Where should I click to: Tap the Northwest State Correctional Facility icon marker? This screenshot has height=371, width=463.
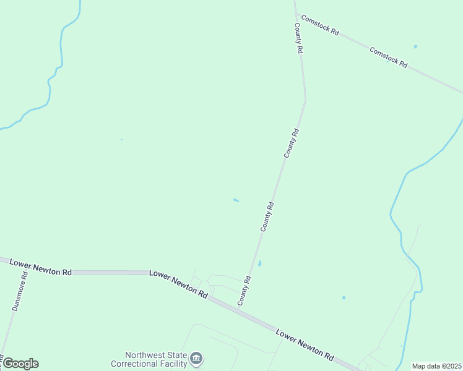[x=197, y=358]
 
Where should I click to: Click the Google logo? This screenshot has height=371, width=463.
[x=20, y=364]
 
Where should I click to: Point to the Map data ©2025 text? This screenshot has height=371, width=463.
[x=436, y=366]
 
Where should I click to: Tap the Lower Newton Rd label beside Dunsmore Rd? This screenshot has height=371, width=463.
[x=41, y=268]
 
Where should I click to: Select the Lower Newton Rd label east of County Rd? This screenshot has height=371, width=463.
[x=305, y=344]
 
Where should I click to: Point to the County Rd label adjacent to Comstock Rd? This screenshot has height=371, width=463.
[x=298, y=38]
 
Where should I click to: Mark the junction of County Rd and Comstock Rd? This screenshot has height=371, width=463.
[x=296, y=13]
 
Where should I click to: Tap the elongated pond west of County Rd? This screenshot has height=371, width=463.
[x=236, y=200]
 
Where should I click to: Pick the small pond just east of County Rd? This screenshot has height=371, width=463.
[x=259, y=263]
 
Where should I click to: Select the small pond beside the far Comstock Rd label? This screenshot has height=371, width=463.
[x=415, y=46]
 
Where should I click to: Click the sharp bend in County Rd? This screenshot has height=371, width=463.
[x=305, y=100]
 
